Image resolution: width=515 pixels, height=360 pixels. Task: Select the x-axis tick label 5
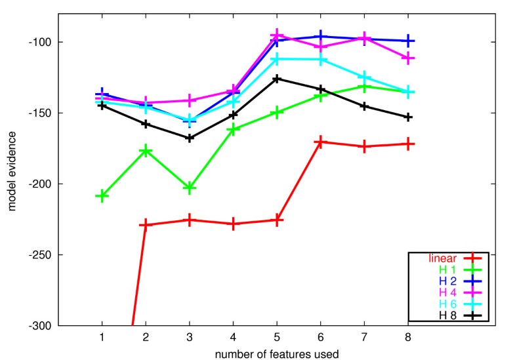click(277, 336)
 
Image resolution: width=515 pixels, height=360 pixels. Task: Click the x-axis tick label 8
click(407, 336)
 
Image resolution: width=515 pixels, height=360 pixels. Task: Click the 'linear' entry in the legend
click(443, 258)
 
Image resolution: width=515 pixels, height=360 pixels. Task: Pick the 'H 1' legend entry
click(449, 269)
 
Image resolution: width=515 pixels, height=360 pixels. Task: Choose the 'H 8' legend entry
click(449, 315)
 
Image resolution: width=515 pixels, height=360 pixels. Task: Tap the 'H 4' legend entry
click(449, 292)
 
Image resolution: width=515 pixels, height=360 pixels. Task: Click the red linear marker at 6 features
click(320, 142)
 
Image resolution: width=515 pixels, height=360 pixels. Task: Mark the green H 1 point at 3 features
click(190, 188)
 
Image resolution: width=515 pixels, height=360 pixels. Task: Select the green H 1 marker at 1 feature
click(102, 195)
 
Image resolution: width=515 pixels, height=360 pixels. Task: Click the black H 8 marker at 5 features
click(277, 79)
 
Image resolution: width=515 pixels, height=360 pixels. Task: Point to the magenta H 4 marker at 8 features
click(407, 58)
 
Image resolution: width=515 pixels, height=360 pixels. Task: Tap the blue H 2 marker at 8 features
click(407, 41)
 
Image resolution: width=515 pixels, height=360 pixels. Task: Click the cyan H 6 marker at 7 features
click(364, 78)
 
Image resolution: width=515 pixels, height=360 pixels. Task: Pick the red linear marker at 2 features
click(146, 225)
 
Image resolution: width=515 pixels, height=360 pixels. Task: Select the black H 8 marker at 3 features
click(190, 138)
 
